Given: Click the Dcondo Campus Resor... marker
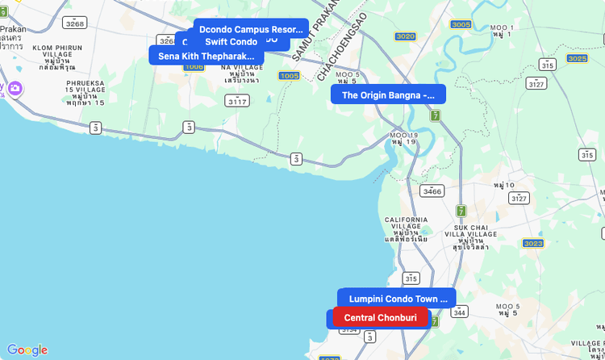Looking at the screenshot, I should [250, 29].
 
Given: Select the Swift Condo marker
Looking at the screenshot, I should [231, 42].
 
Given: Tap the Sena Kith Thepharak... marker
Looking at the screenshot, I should [206, 56].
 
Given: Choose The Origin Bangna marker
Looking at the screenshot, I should [388, 94].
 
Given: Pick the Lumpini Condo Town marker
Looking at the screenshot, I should [398, 299].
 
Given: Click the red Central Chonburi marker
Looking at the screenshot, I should [380, 317].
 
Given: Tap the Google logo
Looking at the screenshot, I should [27, 350].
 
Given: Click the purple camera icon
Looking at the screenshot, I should [15, 88].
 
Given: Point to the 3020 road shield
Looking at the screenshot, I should [405, 36].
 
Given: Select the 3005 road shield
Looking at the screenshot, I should [461, 24].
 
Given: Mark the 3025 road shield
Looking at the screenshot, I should [577, 58].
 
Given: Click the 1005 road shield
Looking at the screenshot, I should [289, 75].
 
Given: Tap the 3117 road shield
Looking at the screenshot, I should [237, 101].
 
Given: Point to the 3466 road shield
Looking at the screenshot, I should [432, 191].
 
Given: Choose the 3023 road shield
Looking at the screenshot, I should [533, 243].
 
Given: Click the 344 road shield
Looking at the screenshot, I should [460, 312].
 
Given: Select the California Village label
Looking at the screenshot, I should [406, 228].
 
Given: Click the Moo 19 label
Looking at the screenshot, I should [403, 138].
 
